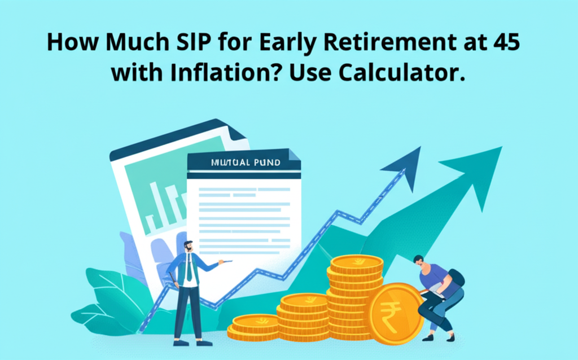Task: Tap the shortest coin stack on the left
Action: (251, 328)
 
